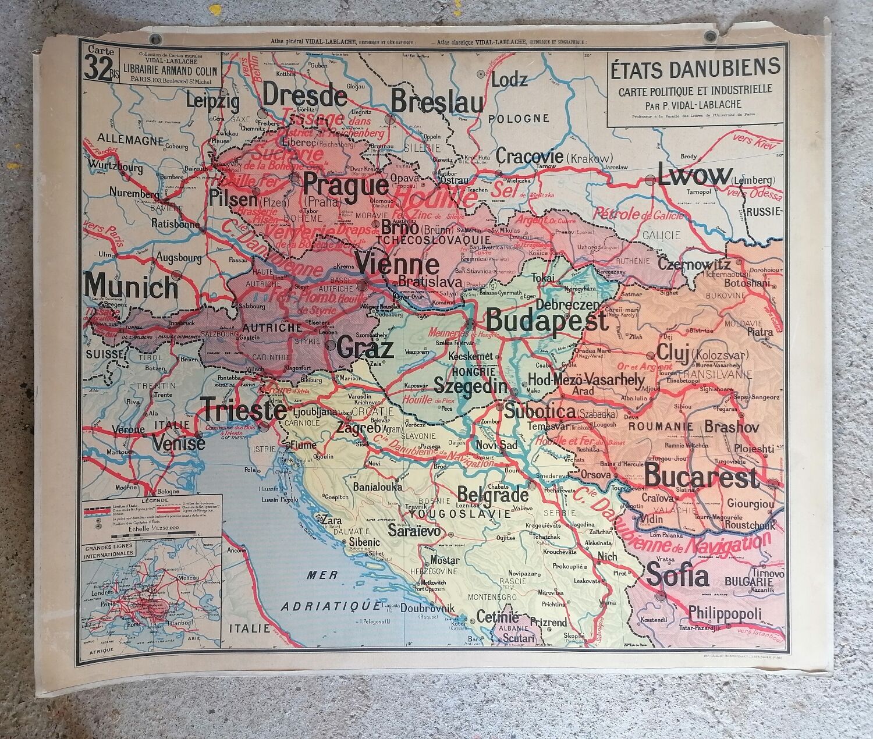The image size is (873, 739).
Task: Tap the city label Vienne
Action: point(397,265)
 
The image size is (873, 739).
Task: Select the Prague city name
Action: point(346,186)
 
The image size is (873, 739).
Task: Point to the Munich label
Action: point(131,286)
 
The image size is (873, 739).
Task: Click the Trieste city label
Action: point(244,410)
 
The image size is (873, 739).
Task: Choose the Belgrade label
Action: point(493,495)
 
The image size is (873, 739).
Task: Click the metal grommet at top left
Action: point(155,40)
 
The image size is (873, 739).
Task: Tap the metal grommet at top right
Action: point(709,37)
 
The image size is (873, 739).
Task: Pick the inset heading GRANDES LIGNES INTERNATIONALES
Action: point(109,550)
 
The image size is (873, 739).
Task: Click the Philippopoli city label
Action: point(725,614)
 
